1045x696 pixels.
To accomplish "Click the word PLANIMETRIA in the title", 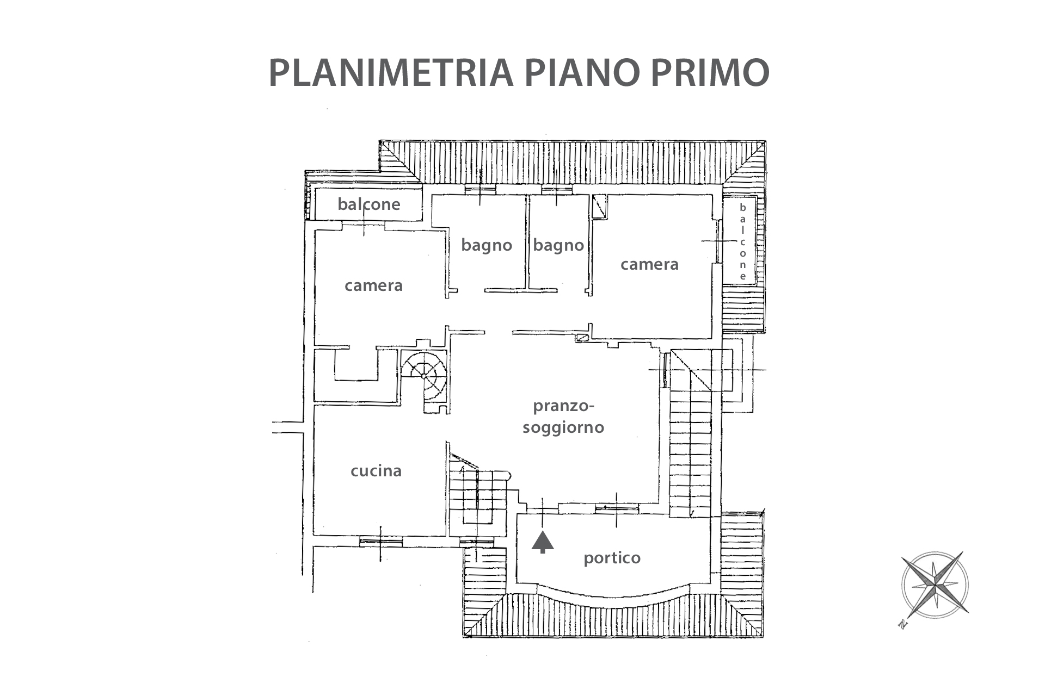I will tap(391, 73).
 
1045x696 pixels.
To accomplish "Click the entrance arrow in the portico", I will tap(543, 542).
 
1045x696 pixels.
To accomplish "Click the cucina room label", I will tap(376, 470).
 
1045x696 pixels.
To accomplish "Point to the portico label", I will tap(612, 558).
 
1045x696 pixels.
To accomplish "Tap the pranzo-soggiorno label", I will tap(563, 417).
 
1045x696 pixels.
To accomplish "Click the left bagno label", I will tap(487, 245).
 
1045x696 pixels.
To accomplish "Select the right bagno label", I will tap(558, 245).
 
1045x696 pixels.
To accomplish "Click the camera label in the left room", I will tap(373, 285).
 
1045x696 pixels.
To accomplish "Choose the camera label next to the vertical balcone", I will tap(649, 264).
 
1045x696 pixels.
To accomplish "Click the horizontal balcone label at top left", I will tap(368, 204).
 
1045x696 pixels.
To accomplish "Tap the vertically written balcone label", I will tap(742, 241).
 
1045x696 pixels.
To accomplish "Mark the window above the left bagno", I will tap(480, 190).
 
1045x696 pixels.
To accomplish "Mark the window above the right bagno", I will tap(557, 190).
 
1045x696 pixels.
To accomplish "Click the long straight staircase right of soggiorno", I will tap(690, 451).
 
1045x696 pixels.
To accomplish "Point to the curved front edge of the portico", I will tap(612, 596).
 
